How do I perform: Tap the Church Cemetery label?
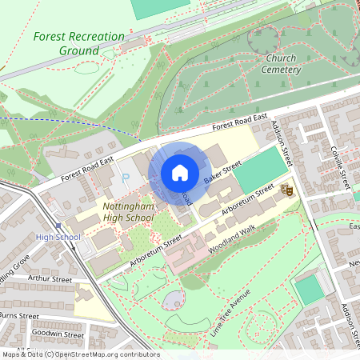coord(280,63)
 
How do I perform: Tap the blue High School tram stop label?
coord(58,237)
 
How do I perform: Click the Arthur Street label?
coord(50,280)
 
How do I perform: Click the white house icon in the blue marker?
coord(180,172)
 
